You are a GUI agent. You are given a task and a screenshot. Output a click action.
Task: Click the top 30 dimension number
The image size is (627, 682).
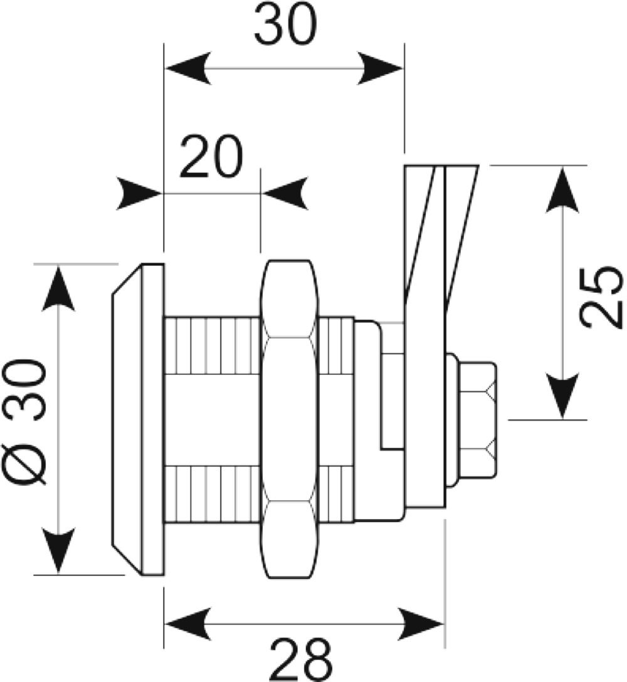285,24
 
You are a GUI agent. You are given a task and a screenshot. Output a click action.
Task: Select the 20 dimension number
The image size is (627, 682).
211,157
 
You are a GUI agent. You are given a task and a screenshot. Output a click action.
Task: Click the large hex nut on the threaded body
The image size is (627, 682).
290,419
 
